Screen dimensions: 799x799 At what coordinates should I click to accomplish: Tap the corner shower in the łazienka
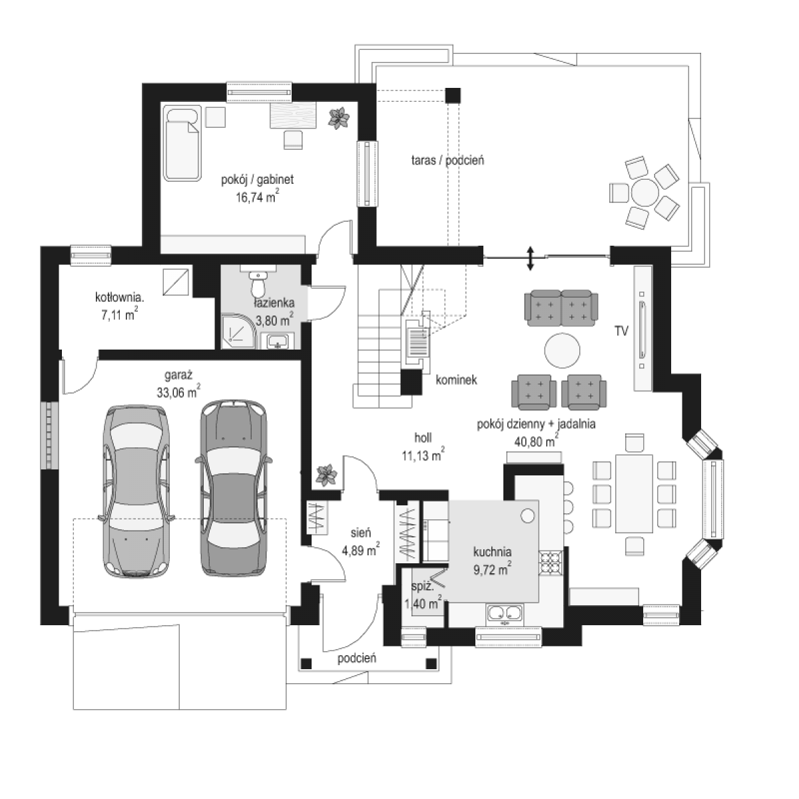coord(236,332)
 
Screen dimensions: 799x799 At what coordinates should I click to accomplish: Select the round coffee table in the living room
coord(562,350)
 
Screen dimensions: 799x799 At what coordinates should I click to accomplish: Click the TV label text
coord(621,331)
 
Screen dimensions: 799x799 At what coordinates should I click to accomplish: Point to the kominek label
coord(456,380)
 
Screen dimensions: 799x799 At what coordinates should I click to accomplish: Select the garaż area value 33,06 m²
coord(178,392)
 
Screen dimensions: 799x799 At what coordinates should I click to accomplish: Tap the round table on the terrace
coord(645,193)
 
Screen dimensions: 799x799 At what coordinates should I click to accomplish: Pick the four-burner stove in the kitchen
coord(551,563)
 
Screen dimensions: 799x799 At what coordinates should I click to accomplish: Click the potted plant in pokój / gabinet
coord(339,118)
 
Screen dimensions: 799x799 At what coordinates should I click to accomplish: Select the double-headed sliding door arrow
coord(530,259)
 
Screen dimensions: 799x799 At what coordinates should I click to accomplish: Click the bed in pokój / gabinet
coord(182,143)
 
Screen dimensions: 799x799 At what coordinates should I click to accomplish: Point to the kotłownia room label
coord(119,297)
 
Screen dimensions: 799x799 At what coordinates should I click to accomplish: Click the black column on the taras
coord(453,95)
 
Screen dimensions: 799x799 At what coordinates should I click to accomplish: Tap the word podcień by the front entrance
coord(357,658)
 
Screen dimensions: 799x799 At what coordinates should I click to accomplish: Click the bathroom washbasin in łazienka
coord(277,341)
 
